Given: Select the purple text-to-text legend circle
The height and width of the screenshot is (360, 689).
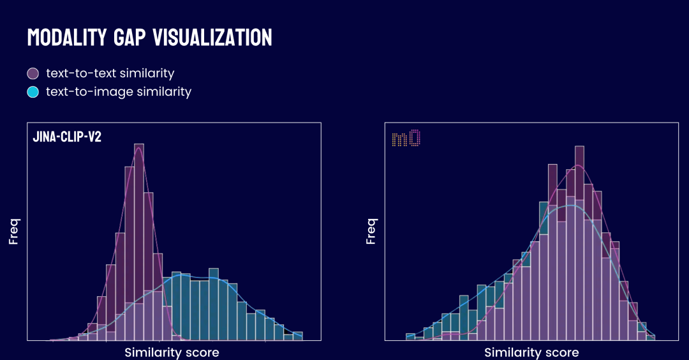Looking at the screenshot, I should coord(33,73).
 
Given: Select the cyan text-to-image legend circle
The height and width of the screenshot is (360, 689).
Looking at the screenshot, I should coord(33,92).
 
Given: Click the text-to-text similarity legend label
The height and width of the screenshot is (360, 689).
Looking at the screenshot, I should coord(110,73).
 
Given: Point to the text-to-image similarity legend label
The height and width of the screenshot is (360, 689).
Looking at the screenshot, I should coord(119,92).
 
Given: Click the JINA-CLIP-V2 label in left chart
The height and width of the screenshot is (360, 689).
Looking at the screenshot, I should coord(67,137).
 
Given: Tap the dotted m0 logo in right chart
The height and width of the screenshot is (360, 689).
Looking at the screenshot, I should coord(406,138).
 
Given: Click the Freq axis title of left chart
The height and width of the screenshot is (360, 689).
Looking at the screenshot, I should coord(13,232).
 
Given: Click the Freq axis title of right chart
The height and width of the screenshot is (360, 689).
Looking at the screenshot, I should coord(371,232).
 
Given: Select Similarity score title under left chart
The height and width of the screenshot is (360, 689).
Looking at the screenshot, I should coord(172,352).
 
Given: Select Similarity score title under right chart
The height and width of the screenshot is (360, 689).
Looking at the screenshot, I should coord(531,352).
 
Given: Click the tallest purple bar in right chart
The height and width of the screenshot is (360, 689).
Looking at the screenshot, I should coord(579,243).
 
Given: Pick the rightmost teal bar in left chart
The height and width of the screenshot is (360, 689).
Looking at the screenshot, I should coord(297,336).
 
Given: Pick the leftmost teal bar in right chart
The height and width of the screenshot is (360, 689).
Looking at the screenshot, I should coord(410,336).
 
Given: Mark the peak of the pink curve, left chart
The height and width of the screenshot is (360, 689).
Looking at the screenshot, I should coord(138,149).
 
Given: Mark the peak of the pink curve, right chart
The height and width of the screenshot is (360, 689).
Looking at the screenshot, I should coord(578,165).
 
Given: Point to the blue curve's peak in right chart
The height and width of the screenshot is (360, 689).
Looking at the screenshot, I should coord(571,205).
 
